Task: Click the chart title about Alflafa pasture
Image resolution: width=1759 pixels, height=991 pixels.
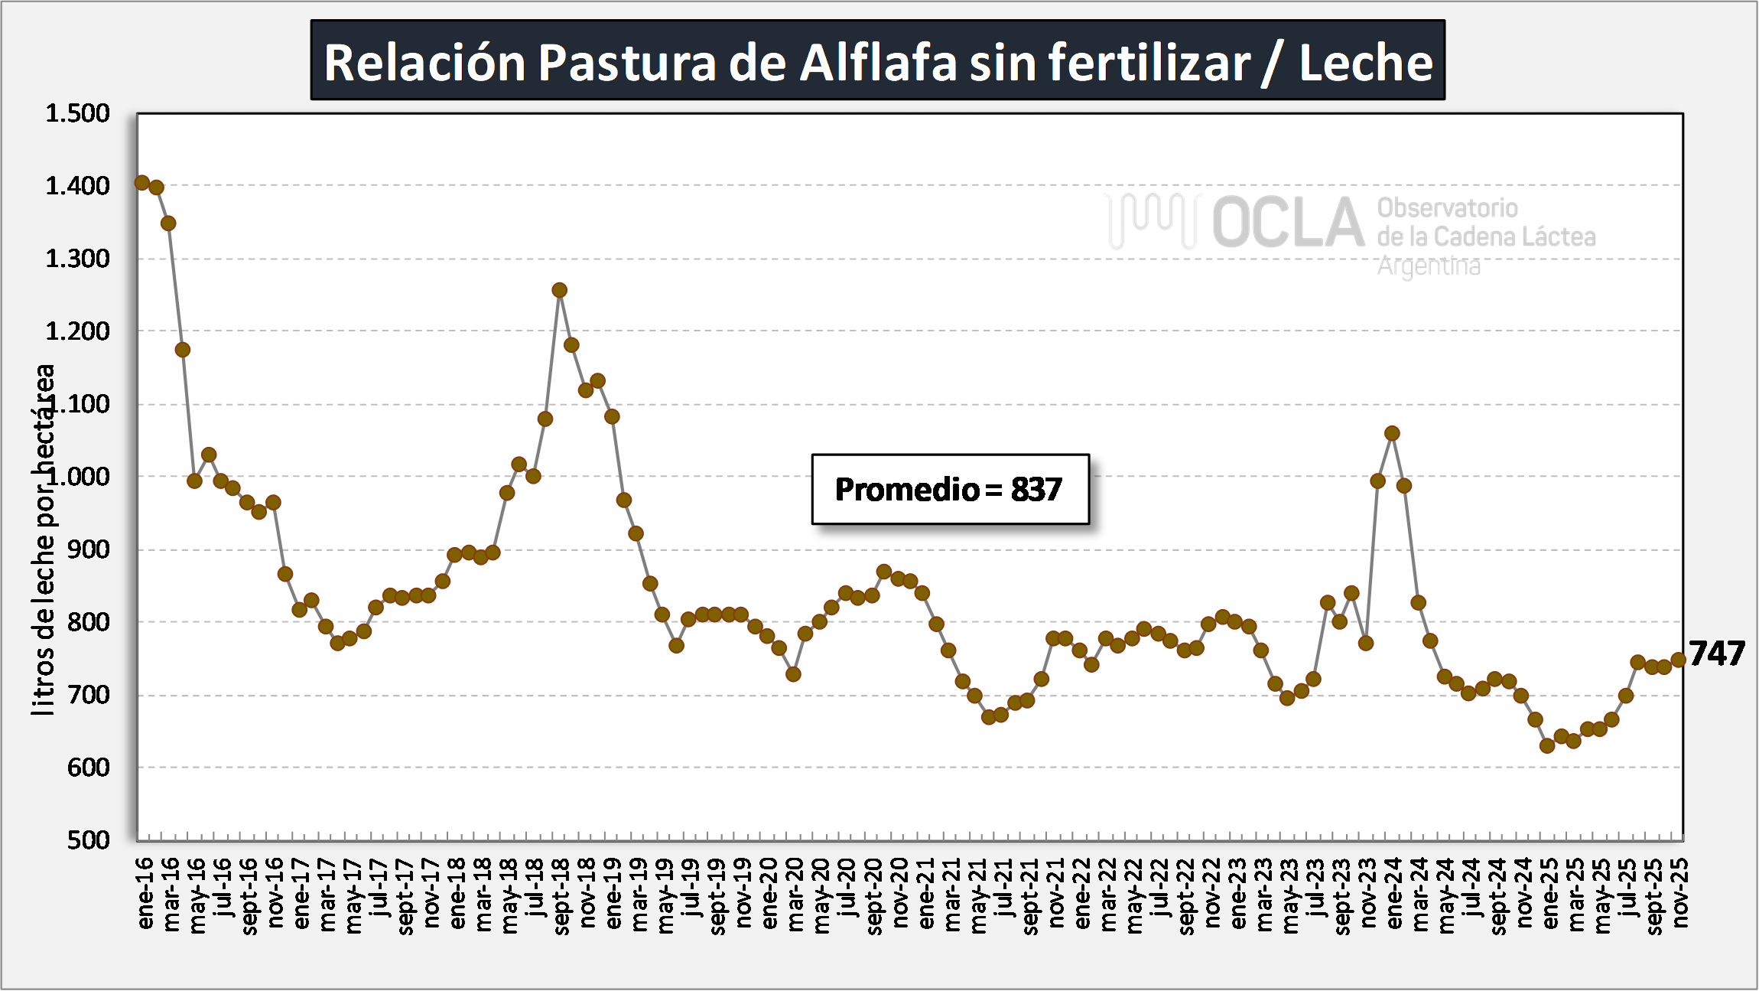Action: tap(877, 61)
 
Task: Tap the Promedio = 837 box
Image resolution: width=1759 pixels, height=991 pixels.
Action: tap(950, 490)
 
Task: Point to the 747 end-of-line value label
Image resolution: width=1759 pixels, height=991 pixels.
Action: tap(1717, 654)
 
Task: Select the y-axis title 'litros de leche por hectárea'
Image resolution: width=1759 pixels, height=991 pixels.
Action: tap(44, 540)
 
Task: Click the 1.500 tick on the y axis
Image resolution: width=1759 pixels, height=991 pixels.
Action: tap(77, 113)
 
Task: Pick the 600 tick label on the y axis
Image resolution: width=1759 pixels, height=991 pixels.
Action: tap(88, 768)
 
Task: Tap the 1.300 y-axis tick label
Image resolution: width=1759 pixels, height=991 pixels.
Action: tap(77, 259)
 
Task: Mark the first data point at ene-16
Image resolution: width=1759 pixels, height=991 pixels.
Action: tap(142, 182)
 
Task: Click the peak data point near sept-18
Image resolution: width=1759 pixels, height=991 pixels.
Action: tap(559, 290)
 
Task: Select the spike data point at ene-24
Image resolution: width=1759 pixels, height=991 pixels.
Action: tap(1392, 433)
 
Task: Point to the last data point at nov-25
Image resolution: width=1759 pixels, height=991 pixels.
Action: tap(1679, 660)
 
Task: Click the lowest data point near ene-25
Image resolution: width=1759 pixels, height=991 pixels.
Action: tap(1547, 745)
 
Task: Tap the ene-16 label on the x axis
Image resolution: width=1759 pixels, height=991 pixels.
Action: tap(145, 893)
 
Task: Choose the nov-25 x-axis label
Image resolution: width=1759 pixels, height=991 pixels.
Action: tap(1679, 893)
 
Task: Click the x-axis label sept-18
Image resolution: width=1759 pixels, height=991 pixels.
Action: tap(562, 896)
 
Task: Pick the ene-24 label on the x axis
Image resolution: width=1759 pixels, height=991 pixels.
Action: tap(1394, 893)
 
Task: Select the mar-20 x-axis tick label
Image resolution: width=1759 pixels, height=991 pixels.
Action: tap(796, 894)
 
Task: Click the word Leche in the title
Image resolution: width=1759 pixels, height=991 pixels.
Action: tap(1366, 63)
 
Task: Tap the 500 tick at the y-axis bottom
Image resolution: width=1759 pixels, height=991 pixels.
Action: tap(88, 840)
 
